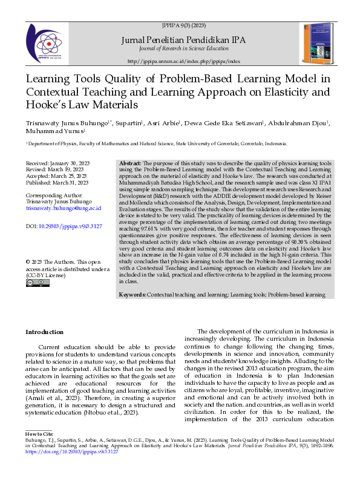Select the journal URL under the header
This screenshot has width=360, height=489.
(184, 62)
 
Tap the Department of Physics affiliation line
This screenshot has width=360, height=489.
(156, 144)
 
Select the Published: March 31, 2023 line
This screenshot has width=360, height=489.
(57, 182)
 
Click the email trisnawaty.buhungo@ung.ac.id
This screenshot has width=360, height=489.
(63, 208)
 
